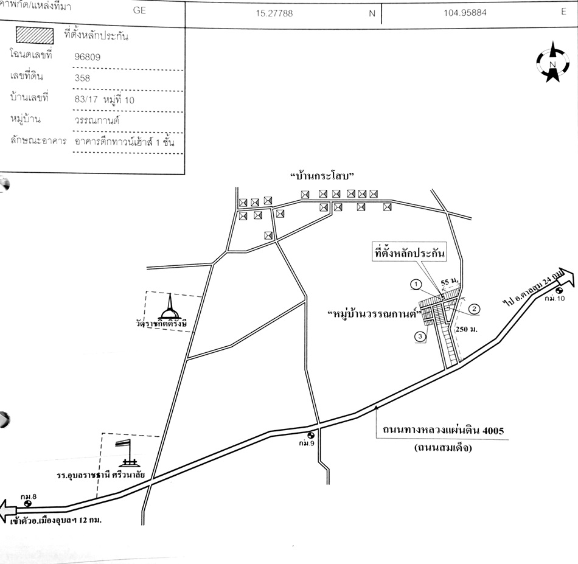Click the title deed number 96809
(x=87, y=57)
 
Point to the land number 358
(x=82, y=77)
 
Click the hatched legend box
(x=35, y=35)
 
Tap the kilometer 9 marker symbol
(x=311, y=435)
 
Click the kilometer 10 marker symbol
(x=559, y=290)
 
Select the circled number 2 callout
(x=475, y=309)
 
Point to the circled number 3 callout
(x=420, y=336)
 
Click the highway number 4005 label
(x=444, y=431)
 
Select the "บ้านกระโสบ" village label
(x=322, y=176)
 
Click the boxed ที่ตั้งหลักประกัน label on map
(x=410, y=251)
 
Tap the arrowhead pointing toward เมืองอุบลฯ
(x=7, y=507)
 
